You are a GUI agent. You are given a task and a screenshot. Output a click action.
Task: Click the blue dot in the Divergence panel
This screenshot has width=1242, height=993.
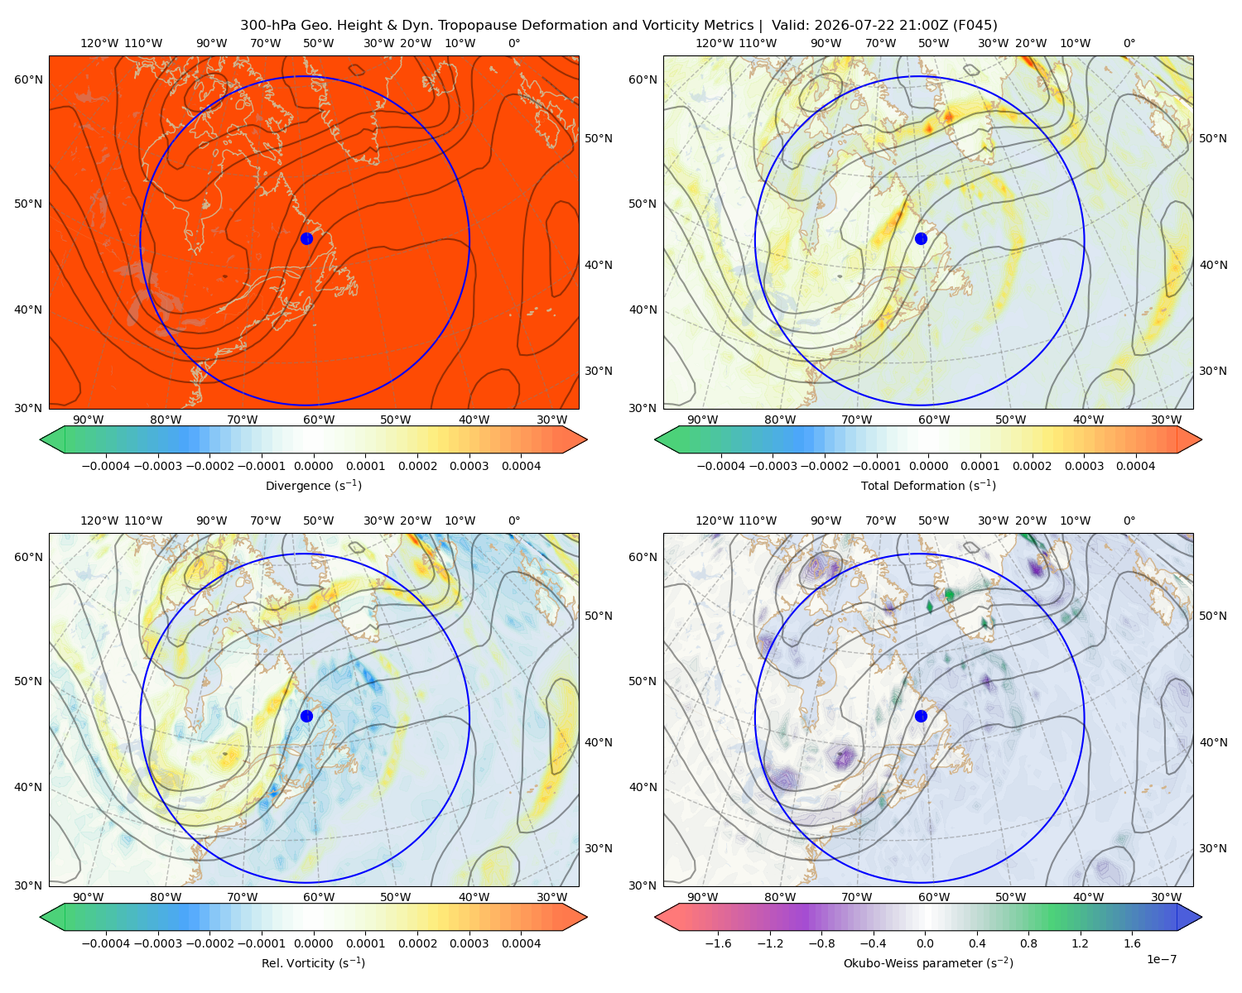point(306,238)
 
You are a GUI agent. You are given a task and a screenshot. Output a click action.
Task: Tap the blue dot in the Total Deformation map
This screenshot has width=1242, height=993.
point(921,238)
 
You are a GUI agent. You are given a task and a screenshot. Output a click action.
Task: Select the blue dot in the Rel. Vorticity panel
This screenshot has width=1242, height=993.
point(306,716)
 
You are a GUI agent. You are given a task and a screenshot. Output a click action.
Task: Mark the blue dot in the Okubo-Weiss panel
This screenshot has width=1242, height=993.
point(921,716)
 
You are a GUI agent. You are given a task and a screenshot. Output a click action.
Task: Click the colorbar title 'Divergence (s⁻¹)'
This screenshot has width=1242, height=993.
point(313,485)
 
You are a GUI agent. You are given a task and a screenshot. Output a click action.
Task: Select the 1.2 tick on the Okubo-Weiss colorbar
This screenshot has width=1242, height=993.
point(1080,943)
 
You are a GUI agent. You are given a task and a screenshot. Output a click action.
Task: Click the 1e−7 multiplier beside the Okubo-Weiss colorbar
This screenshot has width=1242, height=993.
point(1161,959)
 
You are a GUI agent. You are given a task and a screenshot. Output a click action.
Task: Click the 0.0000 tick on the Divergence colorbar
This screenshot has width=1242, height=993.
point(313,466)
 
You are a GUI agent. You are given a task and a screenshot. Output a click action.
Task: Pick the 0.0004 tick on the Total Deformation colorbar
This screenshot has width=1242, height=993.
point(1135,466)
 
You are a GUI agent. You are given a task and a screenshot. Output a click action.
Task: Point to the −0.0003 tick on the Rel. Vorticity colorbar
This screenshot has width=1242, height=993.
point(157,943)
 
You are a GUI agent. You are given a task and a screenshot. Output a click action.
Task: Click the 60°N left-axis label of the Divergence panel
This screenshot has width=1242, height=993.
point(28,79)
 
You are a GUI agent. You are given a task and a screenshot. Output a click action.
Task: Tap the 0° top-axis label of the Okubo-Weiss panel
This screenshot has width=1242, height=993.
point(1129,520)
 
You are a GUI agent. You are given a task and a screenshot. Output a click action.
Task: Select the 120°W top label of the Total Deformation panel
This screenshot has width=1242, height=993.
point(714,43)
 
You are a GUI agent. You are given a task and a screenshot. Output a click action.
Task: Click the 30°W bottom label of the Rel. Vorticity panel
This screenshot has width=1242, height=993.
point(551,897)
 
